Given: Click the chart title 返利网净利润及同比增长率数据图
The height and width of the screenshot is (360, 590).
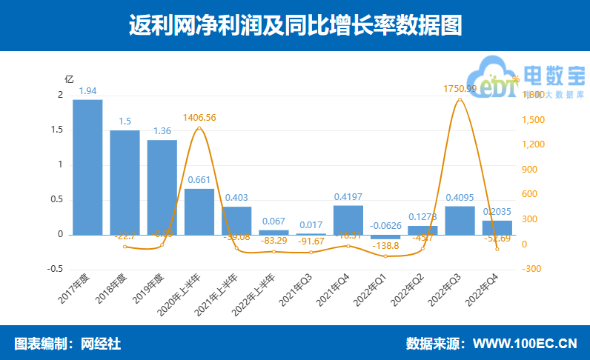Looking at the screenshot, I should [295, 26].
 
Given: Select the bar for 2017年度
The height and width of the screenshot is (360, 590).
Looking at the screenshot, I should [87, 167].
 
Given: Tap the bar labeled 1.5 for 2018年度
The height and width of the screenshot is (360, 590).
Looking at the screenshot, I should [125, 181].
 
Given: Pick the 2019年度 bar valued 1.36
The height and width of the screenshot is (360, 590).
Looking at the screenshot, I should [162, 187].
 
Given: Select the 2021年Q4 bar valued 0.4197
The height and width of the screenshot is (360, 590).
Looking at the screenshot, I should [348, 220].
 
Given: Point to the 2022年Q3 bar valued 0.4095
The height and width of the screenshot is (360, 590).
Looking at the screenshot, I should [460, 221].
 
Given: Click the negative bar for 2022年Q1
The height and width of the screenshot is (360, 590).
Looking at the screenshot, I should [385, 237].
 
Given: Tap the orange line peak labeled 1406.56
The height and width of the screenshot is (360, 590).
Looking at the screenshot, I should [199, 127].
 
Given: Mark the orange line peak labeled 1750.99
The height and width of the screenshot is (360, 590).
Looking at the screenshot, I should [460, 99].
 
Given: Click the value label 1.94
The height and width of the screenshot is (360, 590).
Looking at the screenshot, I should [87, 91].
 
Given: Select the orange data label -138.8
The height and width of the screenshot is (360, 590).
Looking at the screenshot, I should [385, 265].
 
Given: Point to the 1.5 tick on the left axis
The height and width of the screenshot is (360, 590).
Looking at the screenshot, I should [58, 130].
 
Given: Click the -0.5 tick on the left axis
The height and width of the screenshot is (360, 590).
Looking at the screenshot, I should [56, 269].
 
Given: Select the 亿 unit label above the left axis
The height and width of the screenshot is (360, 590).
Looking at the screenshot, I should [69, 79].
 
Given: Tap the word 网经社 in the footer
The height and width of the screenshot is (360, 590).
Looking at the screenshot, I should [101, 344].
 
